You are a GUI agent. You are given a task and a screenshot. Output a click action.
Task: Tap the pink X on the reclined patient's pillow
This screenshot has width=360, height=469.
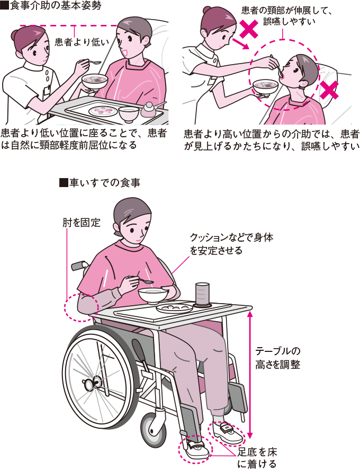(x=329, y=91)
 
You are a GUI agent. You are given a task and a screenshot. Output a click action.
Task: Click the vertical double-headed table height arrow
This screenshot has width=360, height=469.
(x=249, y=371)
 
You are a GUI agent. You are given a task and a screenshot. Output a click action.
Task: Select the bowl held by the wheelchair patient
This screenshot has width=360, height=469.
(x=154, y=294)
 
